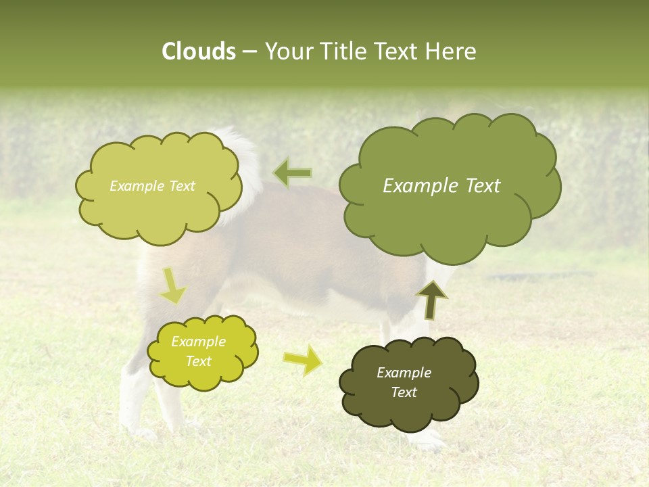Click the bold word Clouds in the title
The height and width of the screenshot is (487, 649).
pos(198,51)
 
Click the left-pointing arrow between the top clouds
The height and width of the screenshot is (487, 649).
pos(292,173)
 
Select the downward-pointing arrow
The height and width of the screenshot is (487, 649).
pos(173,287)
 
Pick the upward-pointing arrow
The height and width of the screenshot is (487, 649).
pos(431,300)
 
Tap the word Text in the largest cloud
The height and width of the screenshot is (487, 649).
pos(479,186)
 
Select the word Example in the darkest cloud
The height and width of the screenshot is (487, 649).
pos(404,373)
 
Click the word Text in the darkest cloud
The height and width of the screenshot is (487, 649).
pos(404,392)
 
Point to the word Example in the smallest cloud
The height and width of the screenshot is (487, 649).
pos(198,342)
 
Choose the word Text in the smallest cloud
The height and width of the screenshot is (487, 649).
pos(198,361)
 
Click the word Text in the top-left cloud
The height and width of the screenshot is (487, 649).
pos(181,186)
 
